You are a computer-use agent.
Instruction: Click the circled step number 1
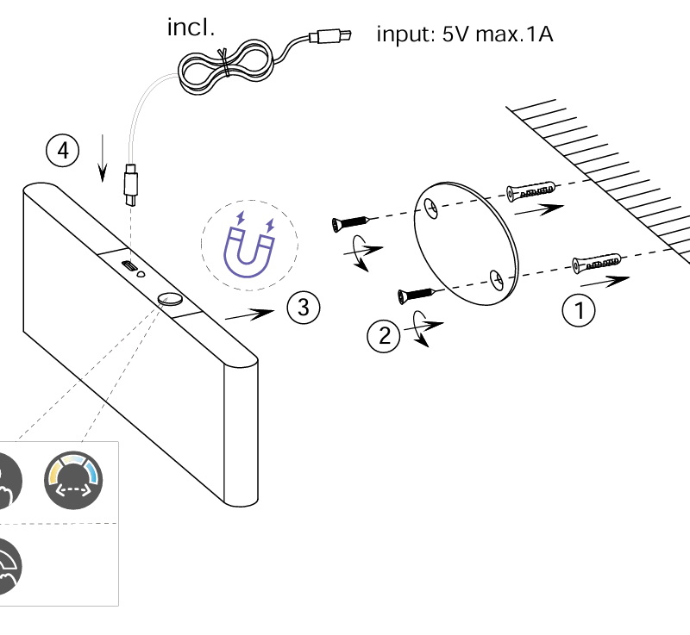(x=579, y=310)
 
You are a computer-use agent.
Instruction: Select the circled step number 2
(x=384, y=336)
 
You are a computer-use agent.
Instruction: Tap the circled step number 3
(x=304, y=308)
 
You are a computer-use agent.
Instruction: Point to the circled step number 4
(x=63, y=150)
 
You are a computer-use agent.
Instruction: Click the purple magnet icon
(x=248, y=246)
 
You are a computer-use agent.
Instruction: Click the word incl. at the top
(x=191, y=28)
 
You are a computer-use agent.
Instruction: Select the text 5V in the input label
(x=455, y=34)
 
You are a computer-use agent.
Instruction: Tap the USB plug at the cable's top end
(x=330, y=36)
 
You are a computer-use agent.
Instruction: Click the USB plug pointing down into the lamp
(x=131, y=184)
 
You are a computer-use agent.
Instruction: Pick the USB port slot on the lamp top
(x=128, y=265)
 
